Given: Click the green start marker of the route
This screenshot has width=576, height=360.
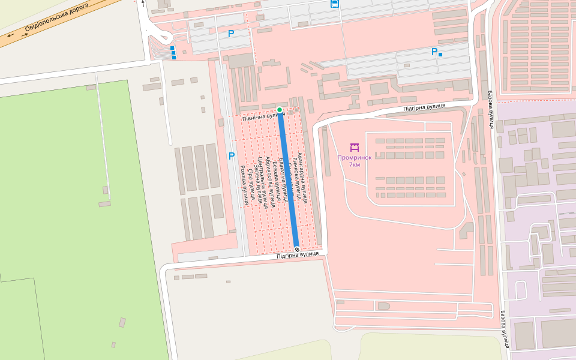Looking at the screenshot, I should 280,109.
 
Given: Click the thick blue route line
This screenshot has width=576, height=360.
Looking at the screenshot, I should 288,180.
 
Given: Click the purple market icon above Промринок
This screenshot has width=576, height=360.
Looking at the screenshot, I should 354,147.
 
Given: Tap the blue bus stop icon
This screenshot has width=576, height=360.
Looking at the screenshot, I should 334,4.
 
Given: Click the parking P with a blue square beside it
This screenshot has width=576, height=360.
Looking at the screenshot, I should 434,52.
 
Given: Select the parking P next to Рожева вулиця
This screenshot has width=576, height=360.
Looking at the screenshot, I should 231,156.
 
